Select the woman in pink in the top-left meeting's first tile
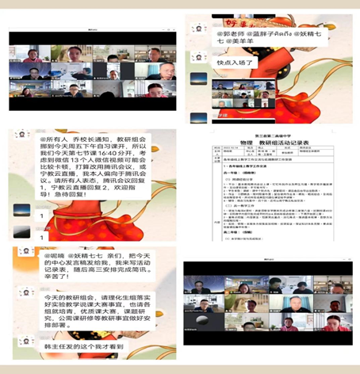[33, 55]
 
